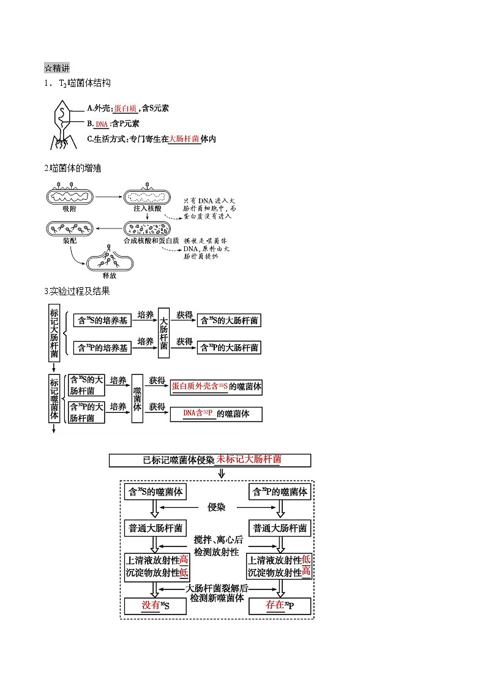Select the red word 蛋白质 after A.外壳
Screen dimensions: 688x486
(125, 108)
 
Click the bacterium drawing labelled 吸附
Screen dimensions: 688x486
(69, 197)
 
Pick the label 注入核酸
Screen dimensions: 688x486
(148, 209)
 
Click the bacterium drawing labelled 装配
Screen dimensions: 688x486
(69, 229)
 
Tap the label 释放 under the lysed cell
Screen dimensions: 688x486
(110, 276)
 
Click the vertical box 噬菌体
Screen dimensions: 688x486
(137, 398)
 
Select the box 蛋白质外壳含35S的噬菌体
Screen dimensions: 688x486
(217, 387)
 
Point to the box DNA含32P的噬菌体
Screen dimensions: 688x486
(217, 414)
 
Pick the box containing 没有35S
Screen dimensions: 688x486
(155, 606)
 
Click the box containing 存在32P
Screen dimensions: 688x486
(280, 606)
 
